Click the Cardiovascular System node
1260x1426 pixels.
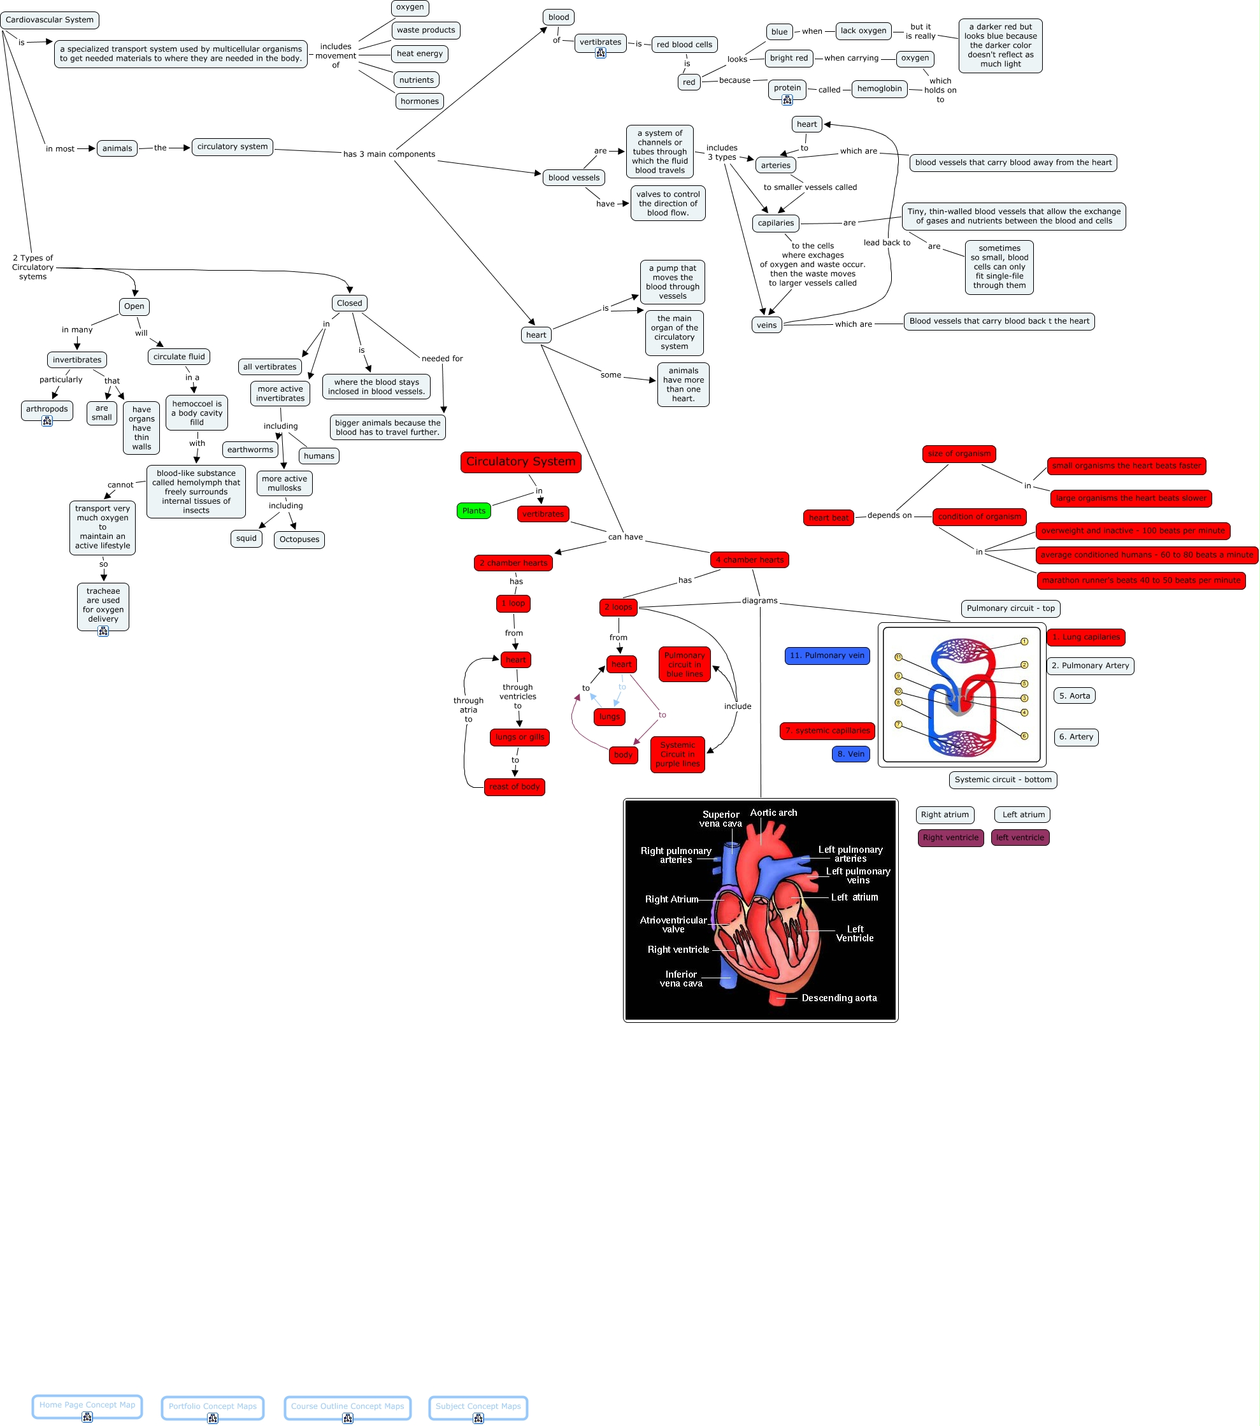50,20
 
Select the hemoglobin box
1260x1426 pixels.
879,89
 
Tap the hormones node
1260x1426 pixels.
419,101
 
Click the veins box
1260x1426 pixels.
766,325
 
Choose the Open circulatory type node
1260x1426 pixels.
134,306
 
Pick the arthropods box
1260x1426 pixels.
47,409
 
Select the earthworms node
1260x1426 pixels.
250,449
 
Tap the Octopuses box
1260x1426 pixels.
299,539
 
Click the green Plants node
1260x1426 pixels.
474,511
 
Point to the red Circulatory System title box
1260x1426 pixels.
520,462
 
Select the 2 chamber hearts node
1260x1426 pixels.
513,563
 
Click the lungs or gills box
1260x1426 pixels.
520,737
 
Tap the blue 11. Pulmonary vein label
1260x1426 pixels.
827,655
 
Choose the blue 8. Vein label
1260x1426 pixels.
850,753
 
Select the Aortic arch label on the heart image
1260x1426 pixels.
773,813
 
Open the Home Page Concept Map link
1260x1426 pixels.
87,1405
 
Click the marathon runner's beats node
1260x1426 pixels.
1141,580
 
